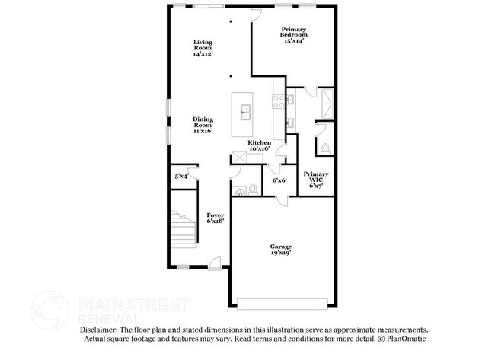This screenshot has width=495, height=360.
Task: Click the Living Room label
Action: (x=203, y=48)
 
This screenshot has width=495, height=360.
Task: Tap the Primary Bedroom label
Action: (x=293, y=35)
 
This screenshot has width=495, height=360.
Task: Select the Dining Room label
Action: (x=203, y=125)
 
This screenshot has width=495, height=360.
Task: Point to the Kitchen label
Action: (x=260, y=146)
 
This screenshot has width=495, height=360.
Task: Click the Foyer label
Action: (x=216, y=218)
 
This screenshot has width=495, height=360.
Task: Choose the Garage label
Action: (x=281, y=250)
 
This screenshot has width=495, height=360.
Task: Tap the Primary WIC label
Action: (x=316, y=180)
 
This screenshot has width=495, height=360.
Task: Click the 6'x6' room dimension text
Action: (x=279, y=180)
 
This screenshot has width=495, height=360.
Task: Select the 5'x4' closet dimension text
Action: (x=181, y=177)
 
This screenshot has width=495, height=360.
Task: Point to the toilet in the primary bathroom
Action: (x=325, y=148)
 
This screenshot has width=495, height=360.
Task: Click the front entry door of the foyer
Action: (x=216, y=263)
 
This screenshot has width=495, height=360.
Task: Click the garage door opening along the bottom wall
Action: (x=283, y=303)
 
